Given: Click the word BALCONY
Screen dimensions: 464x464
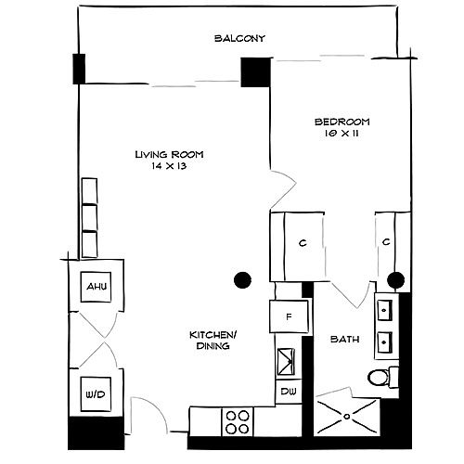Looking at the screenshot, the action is [239, 38].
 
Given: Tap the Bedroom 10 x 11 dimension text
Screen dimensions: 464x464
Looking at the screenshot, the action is [342, 134].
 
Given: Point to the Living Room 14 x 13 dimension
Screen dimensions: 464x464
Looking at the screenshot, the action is [169, 166].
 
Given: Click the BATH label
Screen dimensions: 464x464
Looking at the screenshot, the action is [345, 340].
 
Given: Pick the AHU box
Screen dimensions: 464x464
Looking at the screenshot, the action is [96, 287].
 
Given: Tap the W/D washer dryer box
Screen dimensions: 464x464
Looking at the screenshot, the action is [96, 394].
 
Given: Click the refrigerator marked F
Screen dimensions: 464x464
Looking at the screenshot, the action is [289, 316].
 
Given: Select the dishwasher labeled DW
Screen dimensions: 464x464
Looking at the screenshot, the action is [289, 392].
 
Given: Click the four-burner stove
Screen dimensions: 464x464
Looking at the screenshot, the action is [238, 421].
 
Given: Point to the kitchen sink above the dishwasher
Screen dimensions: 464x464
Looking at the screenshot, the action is [286, 362].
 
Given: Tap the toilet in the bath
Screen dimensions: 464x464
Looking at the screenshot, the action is [383, 377].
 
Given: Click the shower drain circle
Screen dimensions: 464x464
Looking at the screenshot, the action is [347, 417].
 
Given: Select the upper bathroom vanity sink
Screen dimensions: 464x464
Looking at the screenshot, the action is [385, 310].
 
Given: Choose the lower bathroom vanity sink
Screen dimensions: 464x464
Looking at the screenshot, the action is [385, 342].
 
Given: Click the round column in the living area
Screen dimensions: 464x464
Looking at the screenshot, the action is [242, 280].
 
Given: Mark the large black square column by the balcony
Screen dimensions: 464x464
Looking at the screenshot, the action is [255, 72].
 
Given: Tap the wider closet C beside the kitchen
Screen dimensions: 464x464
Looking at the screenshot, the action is [297, 246].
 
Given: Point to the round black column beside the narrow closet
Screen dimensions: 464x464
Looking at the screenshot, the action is [395, 280].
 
